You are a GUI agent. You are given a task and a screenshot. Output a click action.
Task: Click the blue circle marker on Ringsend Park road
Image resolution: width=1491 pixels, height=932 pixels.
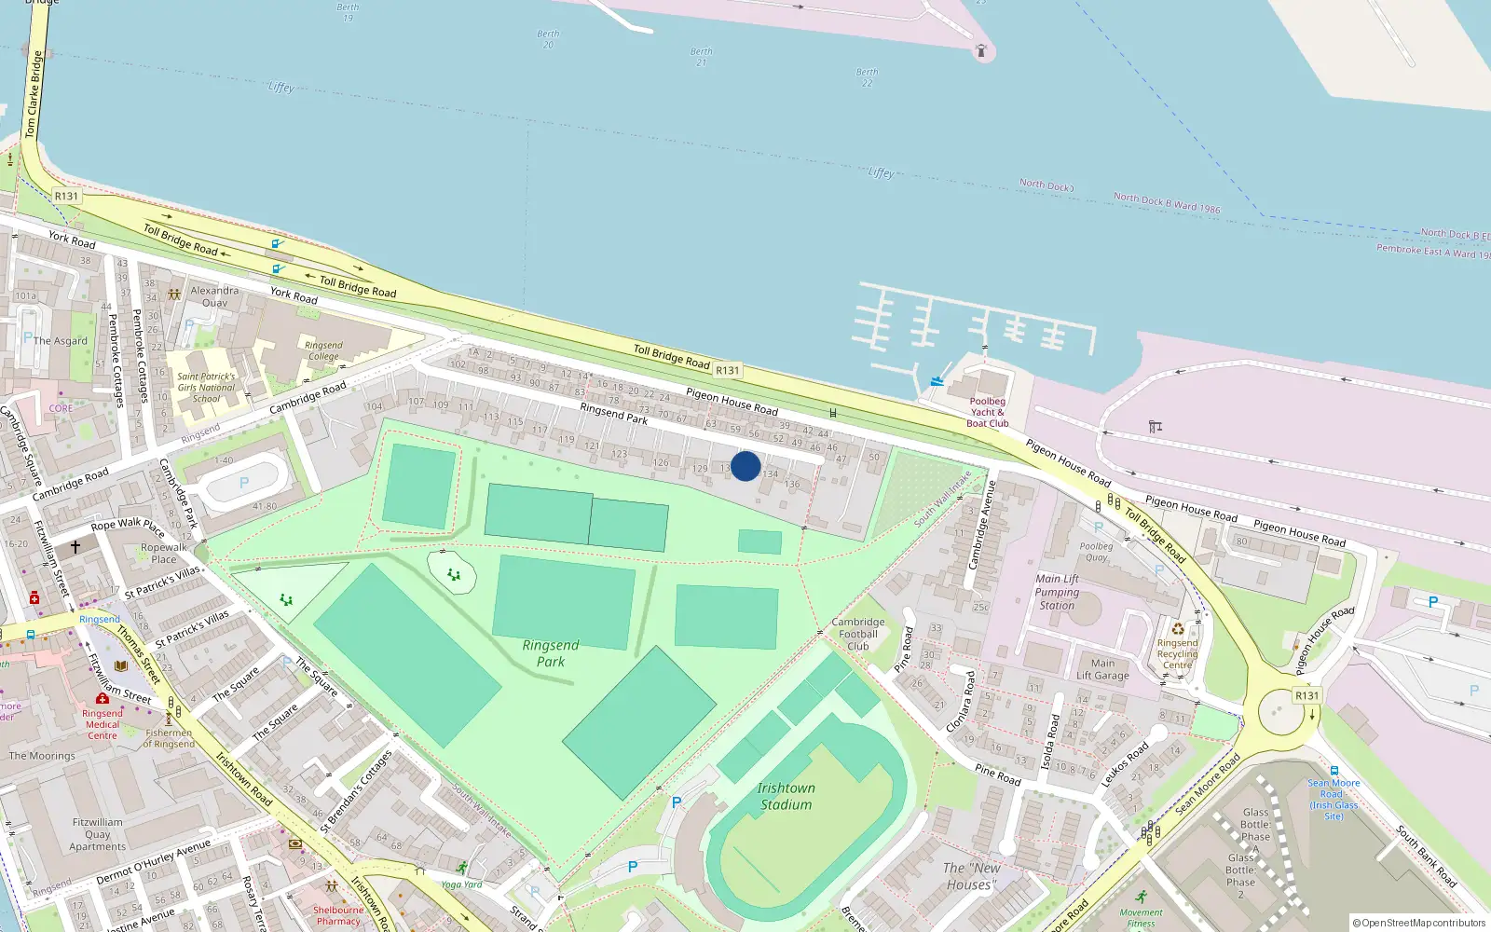745,466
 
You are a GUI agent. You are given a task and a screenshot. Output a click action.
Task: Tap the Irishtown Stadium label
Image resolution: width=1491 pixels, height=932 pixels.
786,796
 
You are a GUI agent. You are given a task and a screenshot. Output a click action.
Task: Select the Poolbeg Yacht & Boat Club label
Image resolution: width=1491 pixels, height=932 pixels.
988,412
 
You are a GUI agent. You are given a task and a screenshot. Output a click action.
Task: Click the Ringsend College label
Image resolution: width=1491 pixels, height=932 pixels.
323,350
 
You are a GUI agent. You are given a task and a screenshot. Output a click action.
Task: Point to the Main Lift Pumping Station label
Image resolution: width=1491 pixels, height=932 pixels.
1057,592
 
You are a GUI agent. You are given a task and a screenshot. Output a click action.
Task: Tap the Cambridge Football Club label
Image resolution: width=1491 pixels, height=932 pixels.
858,634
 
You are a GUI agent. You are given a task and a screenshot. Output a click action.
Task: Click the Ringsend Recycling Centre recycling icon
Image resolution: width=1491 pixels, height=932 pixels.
1178,628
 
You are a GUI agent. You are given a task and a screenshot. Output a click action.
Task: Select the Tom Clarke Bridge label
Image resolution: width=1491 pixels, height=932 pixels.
34,93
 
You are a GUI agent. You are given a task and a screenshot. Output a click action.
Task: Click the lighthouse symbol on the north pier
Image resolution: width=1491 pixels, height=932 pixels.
980,51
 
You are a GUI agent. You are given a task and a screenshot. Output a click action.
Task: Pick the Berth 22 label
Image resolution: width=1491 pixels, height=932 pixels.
867,77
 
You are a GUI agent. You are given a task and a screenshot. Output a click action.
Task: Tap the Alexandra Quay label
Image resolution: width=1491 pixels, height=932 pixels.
214,296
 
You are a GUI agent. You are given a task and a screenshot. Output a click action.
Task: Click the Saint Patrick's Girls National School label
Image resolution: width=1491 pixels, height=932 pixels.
206,388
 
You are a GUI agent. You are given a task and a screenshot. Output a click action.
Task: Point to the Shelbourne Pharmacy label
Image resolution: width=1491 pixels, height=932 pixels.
338,915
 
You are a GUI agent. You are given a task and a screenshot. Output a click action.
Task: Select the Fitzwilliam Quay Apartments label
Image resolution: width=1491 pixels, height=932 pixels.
98,834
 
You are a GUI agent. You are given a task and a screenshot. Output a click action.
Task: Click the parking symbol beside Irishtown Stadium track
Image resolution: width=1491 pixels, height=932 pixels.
677,802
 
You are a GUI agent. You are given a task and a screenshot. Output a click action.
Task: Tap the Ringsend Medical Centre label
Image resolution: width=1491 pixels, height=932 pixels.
103,724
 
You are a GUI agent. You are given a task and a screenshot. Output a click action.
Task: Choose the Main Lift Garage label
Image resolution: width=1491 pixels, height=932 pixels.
1102,669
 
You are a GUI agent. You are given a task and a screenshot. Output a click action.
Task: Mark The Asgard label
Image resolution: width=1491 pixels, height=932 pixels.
61,341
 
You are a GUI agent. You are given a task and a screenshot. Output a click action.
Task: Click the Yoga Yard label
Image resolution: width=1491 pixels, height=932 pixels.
461,884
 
